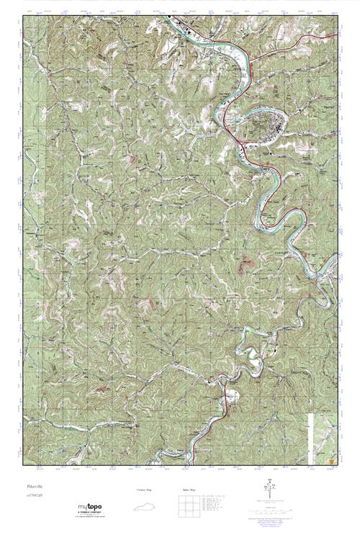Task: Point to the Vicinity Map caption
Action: coord(145,490)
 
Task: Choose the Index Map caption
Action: coord(185,490)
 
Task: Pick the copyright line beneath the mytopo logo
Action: coord(90,518)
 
